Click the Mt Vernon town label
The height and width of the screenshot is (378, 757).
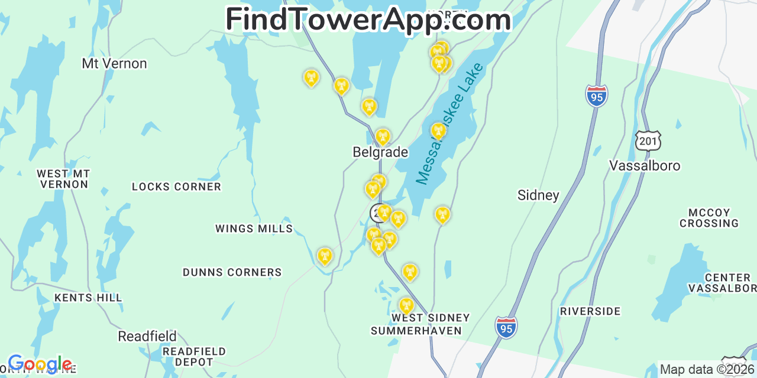[x=114, y=63]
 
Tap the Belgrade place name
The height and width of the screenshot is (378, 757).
[x=380, y=152]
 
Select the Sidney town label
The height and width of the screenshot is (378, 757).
[x=538, y=195]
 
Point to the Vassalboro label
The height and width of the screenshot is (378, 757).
[x=645, y=166]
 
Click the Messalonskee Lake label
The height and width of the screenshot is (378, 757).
[x=449, y=123]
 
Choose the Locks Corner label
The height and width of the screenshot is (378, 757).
[x=176, y=187]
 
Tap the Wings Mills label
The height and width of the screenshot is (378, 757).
[x=254, y=229]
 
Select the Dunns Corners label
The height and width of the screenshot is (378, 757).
[x=232, y=272]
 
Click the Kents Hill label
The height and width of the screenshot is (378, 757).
[x=88, y=298]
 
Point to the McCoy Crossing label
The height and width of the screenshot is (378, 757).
[x=709, y=218]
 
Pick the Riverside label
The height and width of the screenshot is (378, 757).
[x=590, y=311]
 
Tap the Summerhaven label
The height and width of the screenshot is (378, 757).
[x=416, y=331]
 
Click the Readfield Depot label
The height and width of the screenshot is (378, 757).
[x=194, y=357]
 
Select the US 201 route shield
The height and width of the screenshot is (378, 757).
[x=648, y=141]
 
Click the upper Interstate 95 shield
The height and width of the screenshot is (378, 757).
[x=597, y=96]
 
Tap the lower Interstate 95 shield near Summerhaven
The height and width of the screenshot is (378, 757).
[x=506, y=327]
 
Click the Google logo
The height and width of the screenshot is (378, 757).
[x=40, y=364]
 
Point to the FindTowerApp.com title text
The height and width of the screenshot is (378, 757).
[x=368, y=19]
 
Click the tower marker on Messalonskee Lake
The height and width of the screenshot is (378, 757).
[x=438, y=131]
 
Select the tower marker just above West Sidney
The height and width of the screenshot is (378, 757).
[x=406, y=305]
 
